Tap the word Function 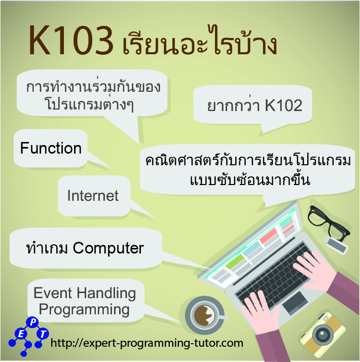pos(51,149)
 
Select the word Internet pos(93,196)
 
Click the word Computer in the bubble pos(109,248)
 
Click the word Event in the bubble pos(53,293)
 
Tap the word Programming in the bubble pos(84,309)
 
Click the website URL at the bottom pos(147,343)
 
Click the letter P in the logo pos(33,322)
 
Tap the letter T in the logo pos(44,334)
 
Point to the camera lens pos(322,334)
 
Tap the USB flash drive pos(336,245)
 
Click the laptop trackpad pos(294,302)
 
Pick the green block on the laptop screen pos(235,262)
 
